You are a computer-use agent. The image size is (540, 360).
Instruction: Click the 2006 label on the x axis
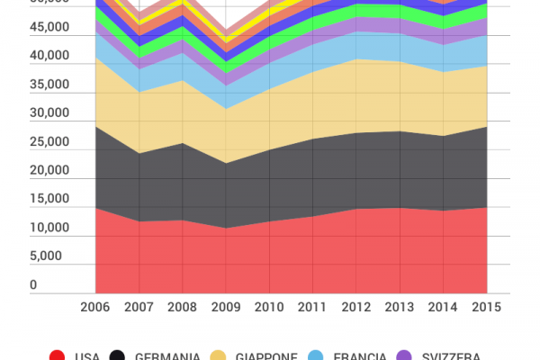94,308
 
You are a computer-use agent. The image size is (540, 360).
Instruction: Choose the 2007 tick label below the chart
138,308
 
